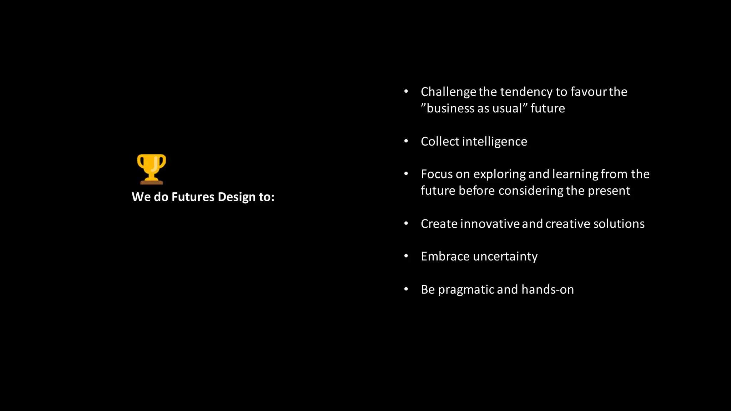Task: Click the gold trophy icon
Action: click(151, 169)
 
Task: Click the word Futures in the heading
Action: click(193, 197)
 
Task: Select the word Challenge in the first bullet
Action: click(448, 92)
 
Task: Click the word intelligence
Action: click(494, 142)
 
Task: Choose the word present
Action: click(609, 191)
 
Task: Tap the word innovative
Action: click(490, 224)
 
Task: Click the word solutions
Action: click(619, 224)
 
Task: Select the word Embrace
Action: click(445, 257)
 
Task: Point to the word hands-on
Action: click(548, 289)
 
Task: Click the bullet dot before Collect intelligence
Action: click(406, 141)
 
